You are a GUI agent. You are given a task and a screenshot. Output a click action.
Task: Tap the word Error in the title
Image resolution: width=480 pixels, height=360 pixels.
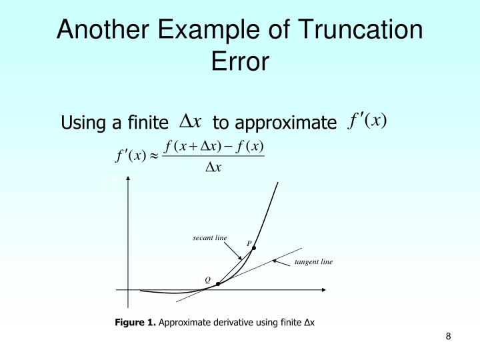pos(240,62)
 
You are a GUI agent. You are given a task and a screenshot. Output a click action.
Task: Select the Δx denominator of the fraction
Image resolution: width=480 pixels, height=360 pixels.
pos(213,167)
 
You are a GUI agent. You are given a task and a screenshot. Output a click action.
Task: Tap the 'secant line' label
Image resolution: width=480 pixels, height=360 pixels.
pos(210,238)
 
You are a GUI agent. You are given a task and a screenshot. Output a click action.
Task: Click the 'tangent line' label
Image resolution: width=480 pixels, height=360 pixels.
pos(313,262)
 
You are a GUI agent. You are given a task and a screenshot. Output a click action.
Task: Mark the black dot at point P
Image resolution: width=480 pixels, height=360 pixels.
pos(254,248)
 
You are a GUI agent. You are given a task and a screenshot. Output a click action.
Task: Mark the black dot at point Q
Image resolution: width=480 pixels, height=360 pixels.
pos(218,284)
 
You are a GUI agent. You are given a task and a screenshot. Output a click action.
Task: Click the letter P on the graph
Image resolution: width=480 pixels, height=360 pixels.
pos(249,243)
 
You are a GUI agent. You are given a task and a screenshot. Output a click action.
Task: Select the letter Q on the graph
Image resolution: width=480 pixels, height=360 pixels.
pos(207,280)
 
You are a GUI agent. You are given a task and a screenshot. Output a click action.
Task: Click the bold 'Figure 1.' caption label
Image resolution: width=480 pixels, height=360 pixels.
pos(135,323)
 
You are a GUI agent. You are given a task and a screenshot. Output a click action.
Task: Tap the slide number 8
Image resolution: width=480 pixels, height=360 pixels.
pos(449,336)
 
